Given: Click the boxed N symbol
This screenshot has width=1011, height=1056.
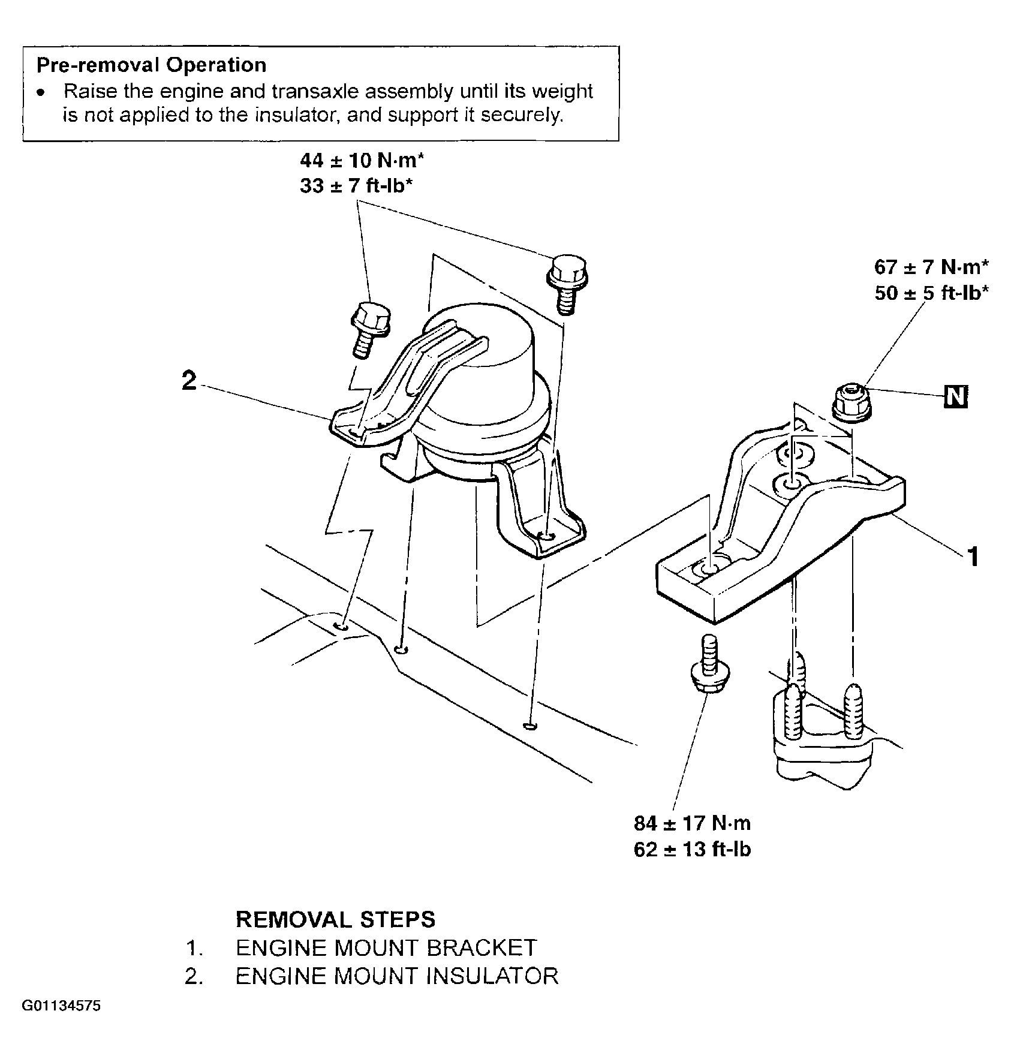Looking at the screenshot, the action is point(956,397).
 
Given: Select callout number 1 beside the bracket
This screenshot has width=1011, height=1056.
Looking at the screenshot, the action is point(973,556).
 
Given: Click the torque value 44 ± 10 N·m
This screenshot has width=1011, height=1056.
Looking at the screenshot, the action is point(362,161).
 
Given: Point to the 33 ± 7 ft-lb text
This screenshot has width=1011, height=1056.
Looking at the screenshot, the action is point(356,186).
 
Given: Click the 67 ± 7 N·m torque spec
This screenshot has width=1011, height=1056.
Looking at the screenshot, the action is point(931,266).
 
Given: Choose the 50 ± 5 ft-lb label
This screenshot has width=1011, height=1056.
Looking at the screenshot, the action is point(931,293).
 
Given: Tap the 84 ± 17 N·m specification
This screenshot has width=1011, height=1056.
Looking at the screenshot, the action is point(692,823).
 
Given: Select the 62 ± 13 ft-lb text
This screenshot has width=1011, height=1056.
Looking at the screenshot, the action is point(692,850).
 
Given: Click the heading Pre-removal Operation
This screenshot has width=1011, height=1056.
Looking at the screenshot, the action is point(152,65).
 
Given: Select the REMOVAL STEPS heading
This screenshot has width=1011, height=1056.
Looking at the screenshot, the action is point(336,919).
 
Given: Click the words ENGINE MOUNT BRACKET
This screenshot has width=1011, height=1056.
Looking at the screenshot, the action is point(386,948).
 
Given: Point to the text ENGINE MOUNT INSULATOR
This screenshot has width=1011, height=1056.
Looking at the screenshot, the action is point(397,976).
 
